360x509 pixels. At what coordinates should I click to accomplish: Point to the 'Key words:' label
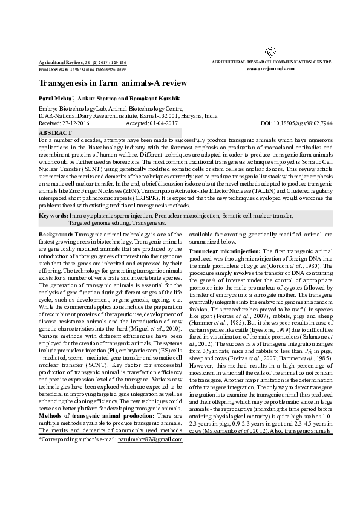pyautogui.click(x=53, y=216)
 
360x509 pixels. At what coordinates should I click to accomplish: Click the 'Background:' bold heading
pyautogui.click(x=56, y=233)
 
